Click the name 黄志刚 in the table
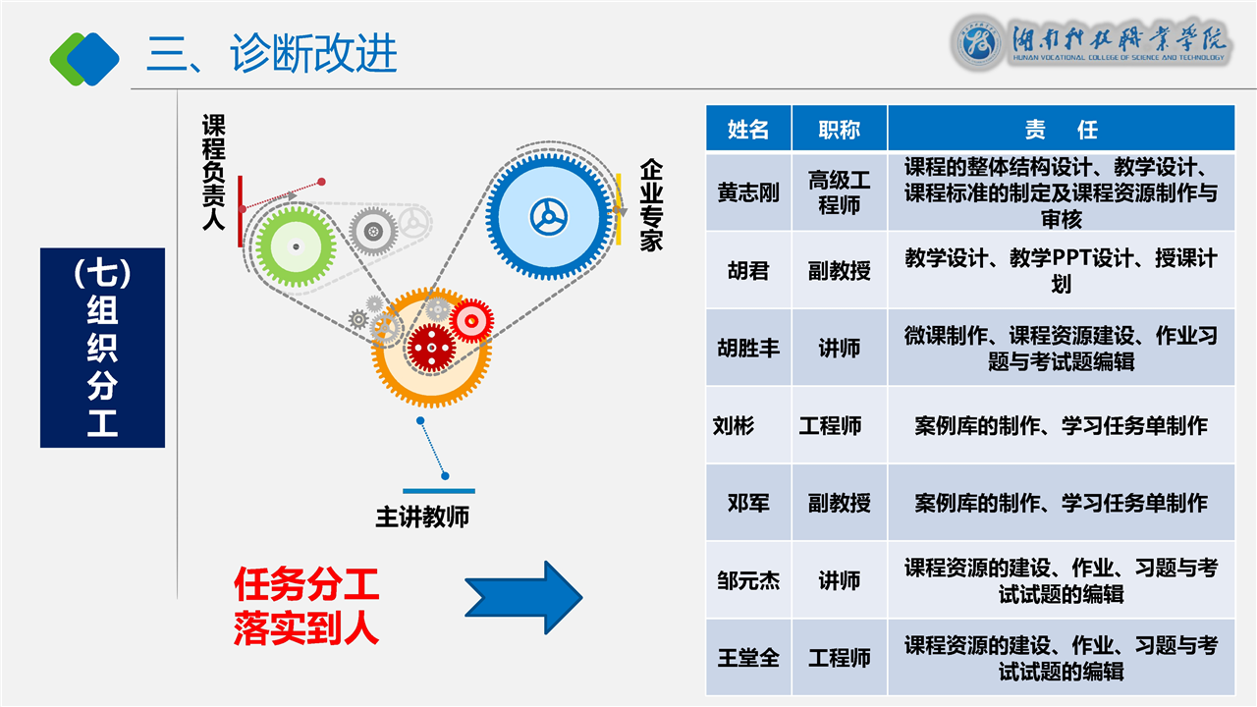pyautogui.click(x=748, y=192)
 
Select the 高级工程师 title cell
pyautogui.click(x=839, y=192)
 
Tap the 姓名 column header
pyautogui.click(x=748, y=130)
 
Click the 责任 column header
pyautogui.click(x=1061, y=130)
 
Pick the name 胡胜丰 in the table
pyautogui.click(x=748, y=348)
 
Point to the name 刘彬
pyautogui.click(x=734, y=425)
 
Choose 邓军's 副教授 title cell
pyautogui.click(x=839, y=503)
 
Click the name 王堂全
pyautogui.click(x=748, y=658)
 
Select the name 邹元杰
pyautogui.click(x=748, y=580)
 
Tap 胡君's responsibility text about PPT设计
pyautogui.click(x=1061, y=270)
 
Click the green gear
pyautogui.click(x=296, y=245)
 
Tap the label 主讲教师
pyautogui.click(x=422, y=517)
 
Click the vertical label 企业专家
pyautogui.click(x=651, y=206)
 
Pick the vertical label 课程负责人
pyautogui.click(x=213, y=172)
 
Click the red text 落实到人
pyautogui.click(x=305, y=629)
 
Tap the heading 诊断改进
pyautogui.click(x=314, y=53)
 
